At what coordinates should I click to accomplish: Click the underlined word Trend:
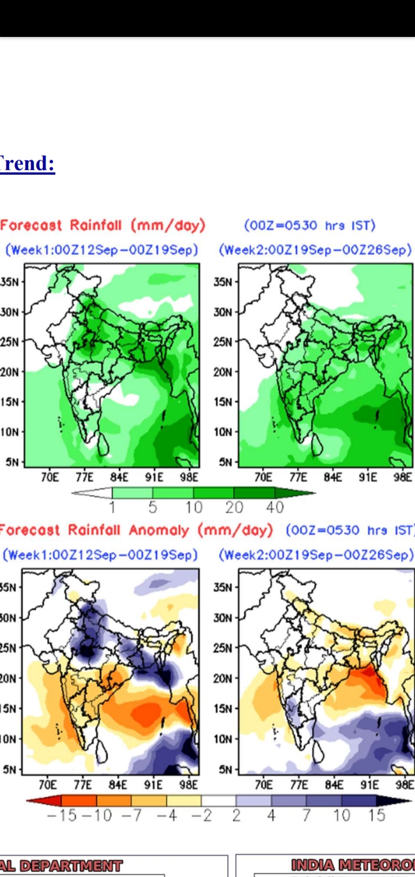coord(28,164)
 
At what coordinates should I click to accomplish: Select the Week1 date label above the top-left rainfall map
coord(101,250)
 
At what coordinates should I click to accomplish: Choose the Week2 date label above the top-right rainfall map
coord(316,250)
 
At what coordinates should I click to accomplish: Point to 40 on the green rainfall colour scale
coord(275,507)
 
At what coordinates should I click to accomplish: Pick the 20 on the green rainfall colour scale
coord(235,507)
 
